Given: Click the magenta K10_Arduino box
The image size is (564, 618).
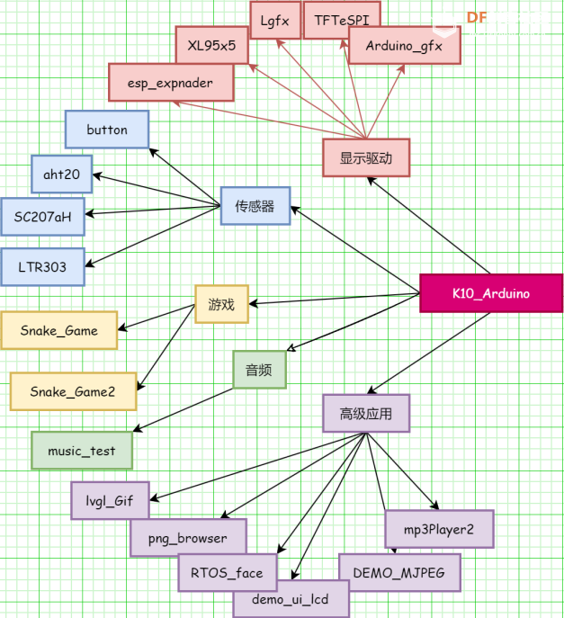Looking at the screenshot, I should (x=490, y=293).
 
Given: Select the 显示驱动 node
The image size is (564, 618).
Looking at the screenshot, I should (x=366, y=157).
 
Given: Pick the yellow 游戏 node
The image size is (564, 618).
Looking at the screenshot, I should (x=221, y=304).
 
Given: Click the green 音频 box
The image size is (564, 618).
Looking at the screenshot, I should (x=259, y=369).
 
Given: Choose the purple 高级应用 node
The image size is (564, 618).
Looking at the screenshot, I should (x=366, y=414).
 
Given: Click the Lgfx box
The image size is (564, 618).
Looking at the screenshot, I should (x=275, y=20).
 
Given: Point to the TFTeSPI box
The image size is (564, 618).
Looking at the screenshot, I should (x=341, y=20).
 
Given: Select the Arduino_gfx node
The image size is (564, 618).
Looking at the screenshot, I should (x=404, y=46).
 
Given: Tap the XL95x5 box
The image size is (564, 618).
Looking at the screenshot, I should (x=211, y=45).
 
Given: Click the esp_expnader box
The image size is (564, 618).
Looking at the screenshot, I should (x=170, y=83).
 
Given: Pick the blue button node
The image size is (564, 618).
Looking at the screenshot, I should (x=107, y=130).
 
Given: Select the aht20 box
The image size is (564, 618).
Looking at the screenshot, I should (x=61, y=174).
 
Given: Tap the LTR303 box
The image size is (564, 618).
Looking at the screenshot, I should (x=42, y=266).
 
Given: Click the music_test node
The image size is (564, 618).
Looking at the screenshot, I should (x=82, y=451).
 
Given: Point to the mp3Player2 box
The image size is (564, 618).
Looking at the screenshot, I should (x=439, y=529).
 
